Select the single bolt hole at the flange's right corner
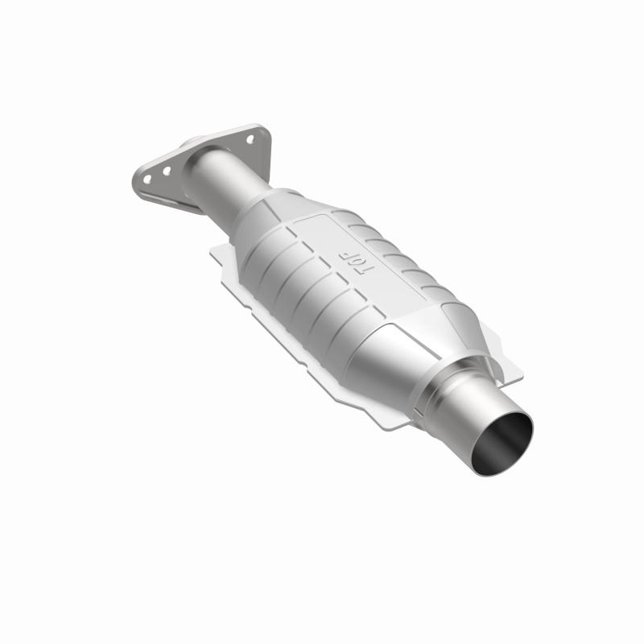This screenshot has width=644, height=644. pyautogui.click(x=250, y=138)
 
